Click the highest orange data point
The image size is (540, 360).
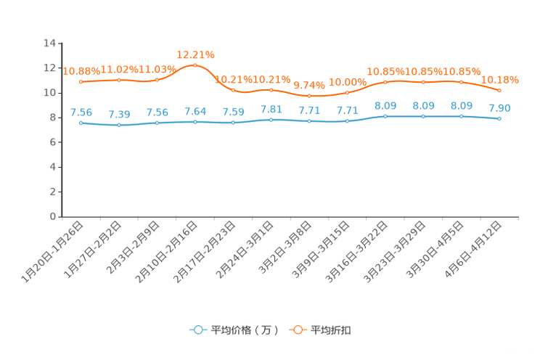coord(195,65)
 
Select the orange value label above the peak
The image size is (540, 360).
coord(195,54)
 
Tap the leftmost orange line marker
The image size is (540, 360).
coord(81,81)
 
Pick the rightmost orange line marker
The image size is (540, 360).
coord(499,90)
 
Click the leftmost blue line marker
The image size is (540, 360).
coord(81,123)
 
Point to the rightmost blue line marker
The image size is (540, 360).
coord(499,119)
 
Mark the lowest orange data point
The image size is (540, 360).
coord(309,97)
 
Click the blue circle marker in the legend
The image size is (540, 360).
coord(197,330)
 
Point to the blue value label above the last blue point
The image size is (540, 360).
coord(499,109)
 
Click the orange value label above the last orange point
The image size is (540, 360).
coord(500,78)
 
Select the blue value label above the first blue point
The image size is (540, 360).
coord(81,112)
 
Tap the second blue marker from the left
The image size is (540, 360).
coord(119,126)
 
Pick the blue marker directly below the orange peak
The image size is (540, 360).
coord(195,122)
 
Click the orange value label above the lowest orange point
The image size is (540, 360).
coord(309,85)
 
